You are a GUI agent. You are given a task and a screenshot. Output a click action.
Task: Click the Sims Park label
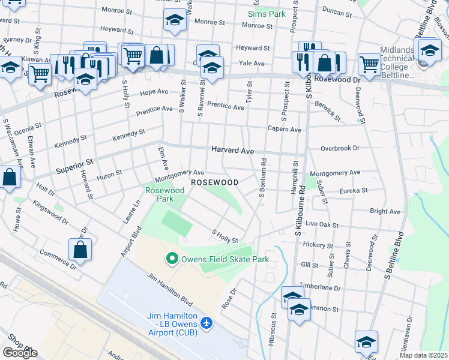pyautogui.click(x=268, y=13)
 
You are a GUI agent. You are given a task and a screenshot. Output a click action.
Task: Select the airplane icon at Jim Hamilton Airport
pyautogui.click(x=207, y=323)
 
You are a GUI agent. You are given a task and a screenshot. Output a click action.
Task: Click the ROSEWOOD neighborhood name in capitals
pyautogui.click(x=214, y=182)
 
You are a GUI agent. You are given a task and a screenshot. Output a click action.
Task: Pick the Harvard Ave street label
pyautogui.click(x=232, y=151)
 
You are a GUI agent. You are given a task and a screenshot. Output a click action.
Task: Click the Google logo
pyautogui.click(x=20, y=353)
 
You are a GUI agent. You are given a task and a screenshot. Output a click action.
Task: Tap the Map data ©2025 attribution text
pyautogui.click(x=423, y=355)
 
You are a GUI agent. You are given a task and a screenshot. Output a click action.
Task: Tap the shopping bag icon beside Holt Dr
pyautogui.click(x=10, y=178)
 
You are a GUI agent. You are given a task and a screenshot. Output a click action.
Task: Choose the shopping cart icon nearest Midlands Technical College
pyautogui.click(x=369, y=63)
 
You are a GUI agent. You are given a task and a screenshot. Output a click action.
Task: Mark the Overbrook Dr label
pyautogui.click(x=339, y=148)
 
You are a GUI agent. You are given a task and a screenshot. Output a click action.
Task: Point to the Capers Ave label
pyautogui.click(x=284, y=129)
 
